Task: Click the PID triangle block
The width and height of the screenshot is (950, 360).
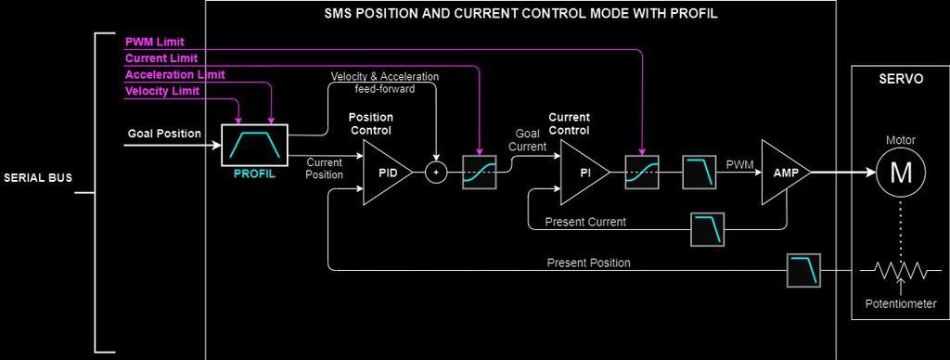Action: [x=385, y=173]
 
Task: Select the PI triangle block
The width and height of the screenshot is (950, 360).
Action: [x=583, y=173]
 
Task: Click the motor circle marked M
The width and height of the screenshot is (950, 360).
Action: [x=900, y=173]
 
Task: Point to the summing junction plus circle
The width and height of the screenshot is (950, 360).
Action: [x=435, y=173]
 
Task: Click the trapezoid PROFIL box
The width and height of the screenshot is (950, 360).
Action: [x=254, y=146]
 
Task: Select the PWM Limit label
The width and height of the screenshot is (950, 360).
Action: [x=155, y=43]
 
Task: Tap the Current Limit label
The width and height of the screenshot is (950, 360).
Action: [x=161, y=58]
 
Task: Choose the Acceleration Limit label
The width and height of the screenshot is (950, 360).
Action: [x=175, y=74]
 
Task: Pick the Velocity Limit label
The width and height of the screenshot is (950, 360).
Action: [x=162, y=91]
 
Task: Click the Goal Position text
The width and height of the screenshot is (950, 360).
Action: [x=164, y=134]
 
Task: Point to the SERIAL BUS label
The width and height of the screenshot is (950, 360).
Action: [x=37, y=177]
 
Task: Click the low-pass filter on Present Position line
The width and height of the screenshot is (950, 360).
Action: [x=803, y=270]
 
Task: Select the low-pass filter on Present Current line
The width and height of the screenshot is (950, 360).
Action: [x=708, y=229]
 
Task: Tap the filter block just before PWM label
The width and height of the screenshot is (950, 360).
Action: [x=700, y=173]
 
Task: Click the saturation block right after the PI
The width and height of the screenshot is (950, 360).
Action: [x=642, y=173]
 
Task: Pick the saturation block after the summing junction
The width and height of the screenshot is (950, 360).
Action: [x=480, y=173]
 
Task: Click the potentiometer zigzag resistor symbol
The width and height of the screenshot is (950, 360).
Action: [x=900, y=270]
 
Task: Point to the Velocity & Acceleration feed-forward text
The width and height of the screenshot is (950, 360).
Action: [x=385, y=83]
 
